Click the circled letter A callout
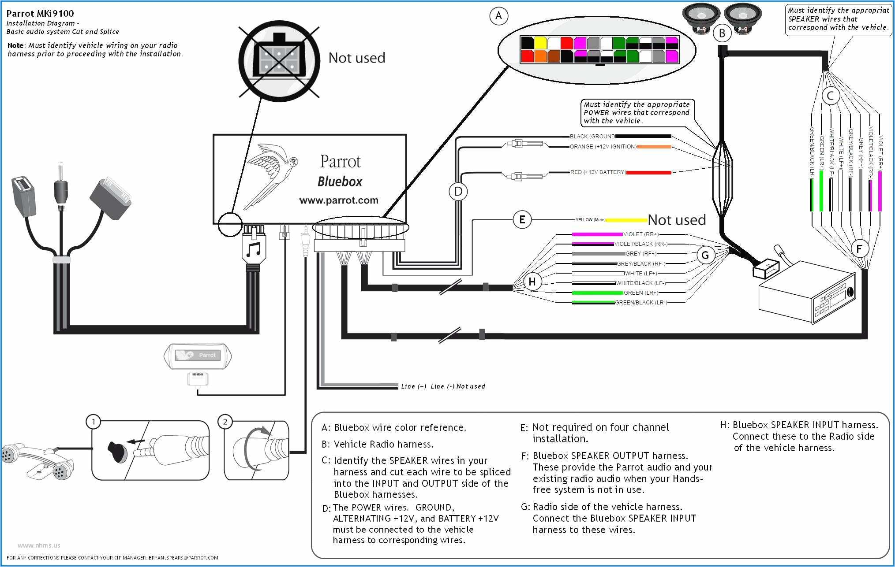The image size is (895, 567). [498, 16]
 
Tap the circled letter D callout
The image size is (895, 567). [458, 192]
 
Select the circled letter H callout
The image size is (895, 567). [532, 282]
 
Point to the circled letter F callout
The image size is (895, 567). [859, 249]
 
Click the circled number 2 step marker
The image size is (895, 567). [225, 422]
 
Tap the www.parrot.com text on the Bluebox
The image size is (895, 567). [338, 200]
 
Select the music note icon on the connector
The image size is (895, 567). [253, 250]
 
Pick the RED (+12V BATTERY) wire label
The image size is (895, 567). [598, 172]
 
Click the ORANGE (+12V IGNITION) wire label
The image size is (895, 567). [603, 147]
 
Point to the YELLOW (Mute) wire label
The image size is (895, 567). [590, 220]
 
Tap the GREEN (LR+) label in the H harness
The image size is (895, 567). [640, 293]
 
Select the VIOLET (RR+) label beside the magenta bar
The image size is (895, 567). [640, 234]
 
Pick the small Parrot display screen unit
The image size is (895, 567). [198, 356]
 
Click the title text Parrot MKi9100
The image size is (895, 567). [40, 13]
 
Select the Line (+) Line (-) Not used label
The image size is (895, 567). [442, 386]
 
